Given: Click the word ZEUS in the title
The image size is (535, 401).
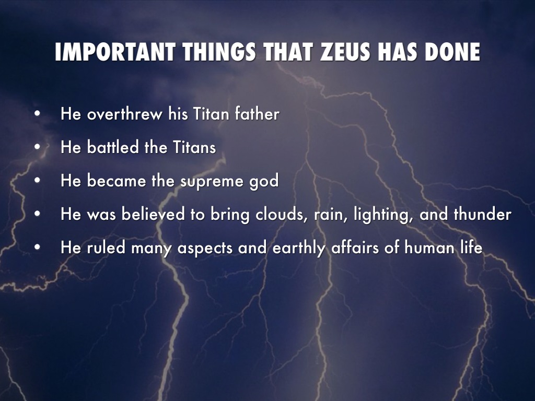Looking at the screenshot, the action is [346, 52].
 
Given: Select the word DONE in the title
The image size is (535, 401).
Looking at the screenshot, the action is [452, 52].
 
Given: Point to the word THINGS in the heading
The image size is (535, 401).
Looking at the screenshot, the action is [219, 52].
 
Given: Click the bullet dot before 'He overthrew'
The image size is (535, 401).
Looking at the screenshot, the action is [38, 114].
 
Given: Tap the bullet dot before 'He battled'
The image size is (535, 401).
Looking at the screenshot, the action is [38, 147].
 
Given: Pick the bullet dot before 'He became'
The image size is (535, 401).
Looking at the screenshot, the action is [38, 181].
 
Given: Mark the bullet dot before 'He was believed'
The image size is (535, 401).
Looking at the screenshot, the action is [38, 214].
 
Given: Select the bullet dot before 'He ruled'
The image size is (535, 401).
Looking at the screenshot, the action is [38, 247].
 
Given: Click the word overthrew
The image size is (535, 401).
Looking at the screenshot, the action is [124, 113].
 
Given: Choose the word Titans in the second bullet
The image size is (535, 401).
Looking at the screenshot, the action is [194, 147].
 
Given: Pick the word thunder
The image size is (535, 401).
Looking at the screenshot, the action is [482, 214].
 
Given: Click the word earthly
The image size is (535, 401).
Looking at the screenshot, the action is [299, 248].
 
